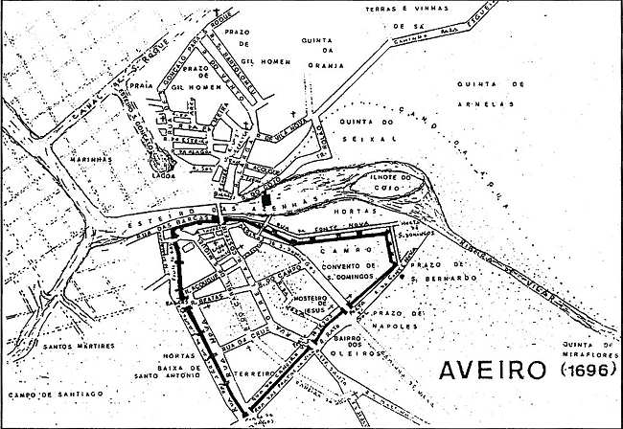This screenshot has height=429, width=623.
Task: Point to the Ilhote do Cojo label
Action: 393,183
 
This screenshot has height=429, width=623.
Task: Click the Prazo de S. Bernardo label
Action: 436,270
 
